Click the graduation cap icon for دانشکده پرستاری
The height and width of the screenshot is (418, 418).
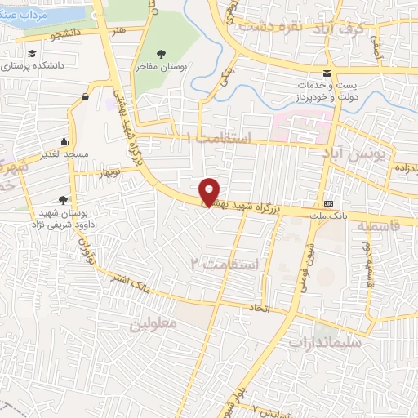(31, 54)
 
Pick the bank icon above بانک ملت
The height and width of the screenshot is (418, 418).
(329, 203)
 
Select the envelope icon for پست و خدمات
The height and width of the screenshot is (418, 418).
(327, 74)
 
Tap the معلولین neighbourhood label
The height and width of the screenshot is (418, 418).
(153, 323)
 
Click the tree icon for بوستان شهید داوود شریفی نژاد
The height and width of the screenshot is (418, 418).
(64, 199)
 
